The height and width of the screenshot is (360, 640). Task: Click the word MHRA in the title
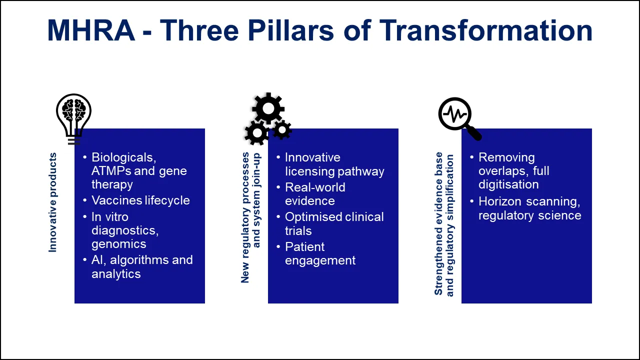tap(91, 30)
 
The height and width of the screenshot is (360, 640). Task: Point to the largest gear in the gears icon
tap(268, 108)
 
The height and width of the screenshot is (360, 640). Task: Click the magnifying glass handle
tap(472, 133)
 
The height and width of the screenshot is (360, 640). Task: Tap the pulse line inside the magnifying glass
tap(455, 114)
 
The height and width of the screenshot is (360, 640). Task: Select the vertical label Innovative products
tap(53, 202)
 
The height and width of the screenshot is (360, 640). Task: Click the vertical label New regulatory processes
tap(245, 217)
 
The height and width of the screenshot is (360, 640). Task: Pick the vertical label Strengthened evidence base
tap(438, 224)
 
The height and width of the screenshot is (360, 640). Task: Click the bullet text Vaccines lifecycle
tap(140, 200)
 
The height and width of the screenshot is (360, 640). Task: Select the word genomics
tap(119, 244)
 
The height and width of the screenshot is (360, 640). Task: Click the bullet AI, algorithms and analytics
tap(141, 266)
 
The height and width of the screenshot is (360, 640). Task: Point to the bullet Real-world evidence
tap(315, 194)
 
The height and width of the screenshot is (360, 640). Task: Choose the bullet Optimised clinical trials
tap(334, 223)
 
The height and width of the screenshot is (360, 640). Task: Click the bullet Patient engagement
tap(320, 253)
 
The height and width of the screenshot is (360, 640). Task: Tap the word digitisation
tap(508, 184)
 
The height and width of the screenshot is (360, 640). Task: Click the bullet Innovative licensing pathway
tap(334, 164)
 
